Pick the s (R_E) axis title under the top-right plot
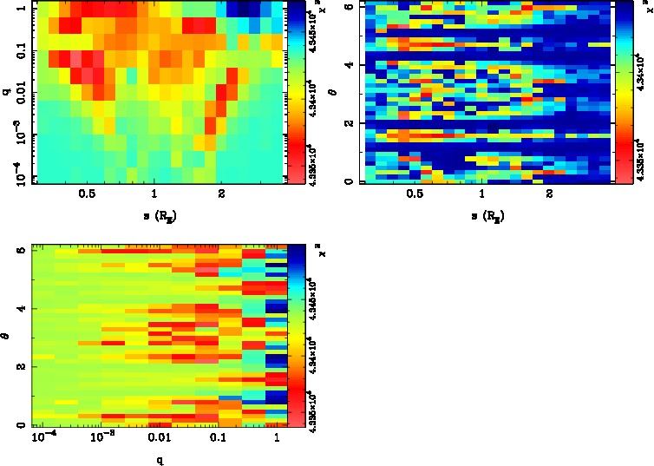(483, 213)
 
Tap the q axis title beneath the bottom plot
(160, 459)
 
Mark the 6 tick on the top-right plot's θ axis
(348, 6)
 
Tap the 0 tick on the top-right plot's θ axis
(348, 181)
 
